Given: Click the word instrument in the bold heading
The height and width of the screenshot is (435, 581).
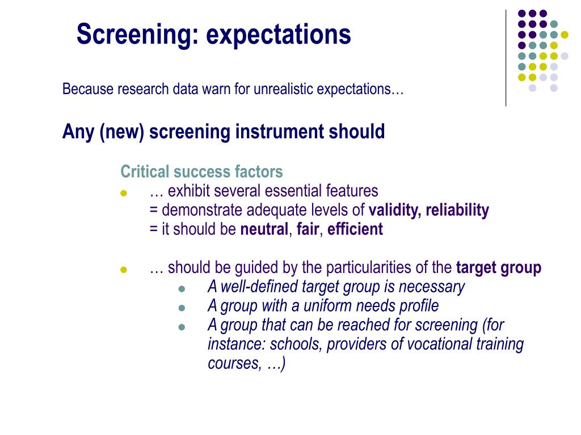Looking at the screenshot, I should pos(280,132).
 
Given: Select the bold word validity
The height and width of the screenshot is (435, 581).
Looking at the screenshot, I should pos(394,211).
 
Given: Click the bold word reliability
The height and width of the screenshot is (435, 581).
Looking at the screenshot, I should pos(457,211).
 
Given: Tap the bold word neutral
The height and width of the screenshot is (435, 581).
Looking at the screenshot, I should pos(264,229).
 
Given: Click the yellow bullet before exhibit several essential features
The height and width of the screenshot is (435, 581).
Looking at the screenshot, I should pos(123,193).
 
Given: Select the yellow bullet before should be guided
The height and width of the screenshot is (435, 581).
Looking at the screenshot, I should pos(123,270).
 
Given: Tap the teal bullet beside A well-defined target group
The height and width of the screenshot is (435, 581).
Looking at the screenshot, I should pos(182,289).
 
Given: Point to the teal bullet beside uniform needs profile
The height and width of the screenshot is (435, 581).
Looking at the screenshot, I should pos(182,308).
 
